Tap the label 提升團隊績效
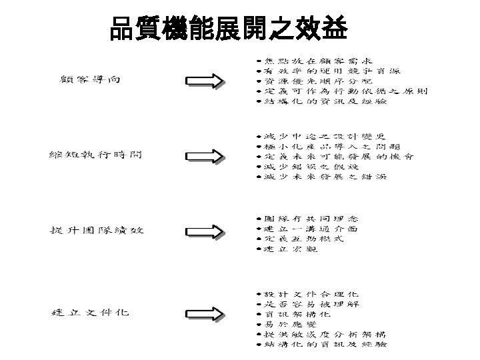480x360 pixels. [x=97, y=230]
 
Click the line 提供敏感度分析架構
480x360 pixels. [x=324, y=334]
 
